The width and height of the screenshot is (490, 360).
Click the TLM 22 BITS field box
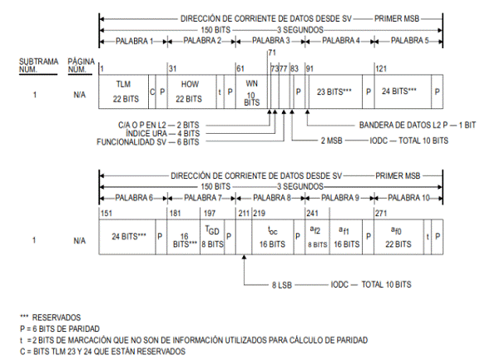pos(124,91)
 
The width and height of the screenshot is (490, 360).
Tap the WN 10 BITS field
pos(251,91)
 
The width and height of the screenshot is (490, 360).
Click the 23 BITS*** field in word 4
pos(335,91)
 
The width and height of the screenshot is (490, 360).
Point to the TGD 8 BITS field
pos(212,237)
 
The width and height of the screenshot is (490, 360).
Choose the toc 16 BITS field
pos(273,237)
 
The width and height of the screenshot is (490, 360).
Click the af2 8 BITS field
pos(317,237)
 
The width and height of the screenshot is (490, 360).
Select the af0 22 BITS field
pos(398,237)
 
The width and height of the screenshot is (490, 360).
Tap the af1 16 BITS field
pos(346,237)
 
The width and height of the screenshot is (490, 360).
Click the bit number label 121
pos(381,68)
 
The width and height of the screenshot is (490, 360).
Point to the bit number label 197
pos(210,213)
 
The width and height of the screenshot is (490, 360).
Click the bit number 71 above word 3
pos(272,52)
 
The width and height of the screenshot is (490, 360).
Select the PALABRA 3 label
pos(271,41)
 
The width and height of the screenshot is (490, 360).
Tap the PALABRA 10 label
pos(408,198)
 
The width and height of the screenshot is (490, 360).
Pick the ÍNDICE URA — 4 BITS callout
pos(162,133)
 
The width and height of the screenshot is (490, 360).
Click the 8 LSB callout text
pos(282,284)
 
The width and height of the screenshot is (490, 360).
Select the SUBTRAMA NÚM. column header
pos(39,65)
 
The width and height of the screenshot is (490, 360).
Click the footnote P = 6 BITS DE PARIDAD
pos(60,328)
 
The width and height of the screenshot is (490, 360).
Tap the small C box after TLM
pos(152,91)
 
